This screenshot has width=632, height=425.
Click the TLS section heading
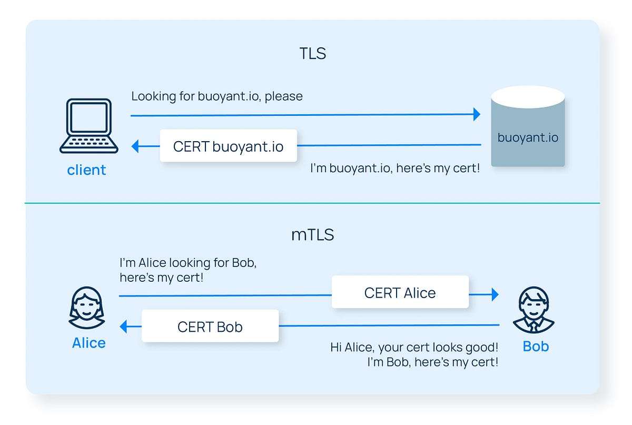pos(313,54)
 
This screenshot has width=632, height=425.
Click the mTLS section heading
pos(313,234)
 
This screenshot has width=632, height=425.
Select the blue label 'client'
pos(86,170)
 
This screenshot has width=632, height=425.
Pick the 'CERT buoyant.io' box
pos(228,146)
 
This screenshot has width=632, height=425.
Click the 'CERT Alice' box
pos(400,292)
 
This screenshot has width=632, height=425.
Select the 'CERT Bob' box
pos(210,327)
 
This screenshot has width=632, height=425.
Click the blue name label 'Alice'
pos(88,343)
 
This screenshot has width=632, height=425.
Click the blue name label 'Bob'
pos(536,346)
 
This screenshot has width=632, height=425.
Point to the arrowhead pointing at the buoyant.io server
pos(477,114)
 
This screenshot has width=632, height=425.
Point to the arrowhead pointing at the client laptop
pos(135,146)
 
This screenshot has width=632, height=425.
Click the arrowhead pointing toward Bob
pos(495,294)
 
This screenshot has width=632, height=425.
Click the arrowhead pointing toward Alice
pos(124,327)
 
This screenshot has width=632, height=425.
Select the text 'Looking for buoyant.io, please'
pos(217,96)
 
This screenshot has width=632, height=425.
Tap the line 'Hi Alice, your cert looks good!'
pos(414,347)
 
